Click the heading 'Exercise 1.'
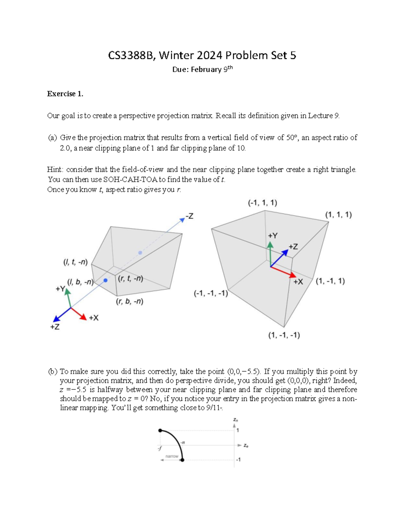point(65,94)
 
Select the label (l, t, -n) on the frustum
point(76,262)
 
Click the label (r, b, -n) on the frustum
point(130,301)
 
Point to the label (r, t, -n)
point(131,278)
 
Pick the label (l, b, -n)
point(80,282)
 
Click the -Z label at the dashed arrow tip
point(189,216)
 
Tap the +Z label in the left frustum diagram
point(55,327)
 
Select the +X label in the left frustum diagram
point(93,318)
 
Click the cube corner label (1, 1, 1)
point(338,215)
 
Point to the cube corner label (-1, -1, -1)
point(211,293)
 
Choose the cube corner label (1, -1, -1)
point(284,335)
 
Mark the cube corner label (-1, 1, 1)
point(263,203)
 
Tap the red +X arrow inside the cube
point(283,272)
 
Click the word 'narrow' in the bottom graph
point(172,456)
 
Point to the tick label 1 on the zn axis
point(238,430)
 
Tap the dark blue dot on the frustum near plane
point(106,280)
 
